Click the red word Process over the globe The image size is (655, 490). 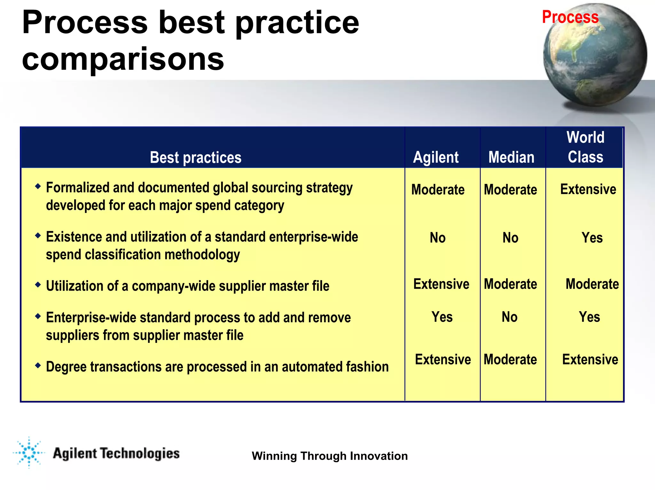[x=570, y=17]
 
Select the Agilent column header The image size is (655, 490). [x=436, y=157]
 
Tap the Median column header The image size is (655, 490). [x=511, y=157]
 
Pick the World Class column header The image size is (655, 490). [x=585, y=147]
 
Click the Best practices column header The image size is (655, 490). [x=195, y=158]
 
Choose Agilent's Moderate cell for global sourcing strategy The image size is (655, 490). [x=438, y=190]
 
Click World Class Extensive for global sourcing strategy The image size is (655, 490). [x=588, y=189]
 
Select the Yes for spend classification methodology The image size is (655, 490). [x=592, y=238]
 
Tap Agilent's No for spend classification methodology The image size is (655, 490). [x=438, y=238]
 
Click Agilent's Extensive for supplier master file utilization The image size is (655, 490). [x=441, y=284]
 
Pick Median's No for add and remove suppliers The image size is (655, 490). [x=509, y=317]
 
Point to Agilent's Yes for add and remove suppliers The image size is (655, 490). [x=442, y=317]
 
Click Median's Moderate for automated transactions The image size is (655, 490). [x=510, y=360]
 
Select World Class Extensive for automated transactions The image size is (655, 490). [x=590, y=360]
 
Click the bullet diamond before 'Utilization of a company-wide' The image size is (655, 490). [x=38, y=284]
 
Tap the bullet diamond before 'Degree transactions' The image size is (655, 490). [x=38, y=365]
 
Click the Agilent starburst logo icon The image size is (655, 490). [x=29, y=453]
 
